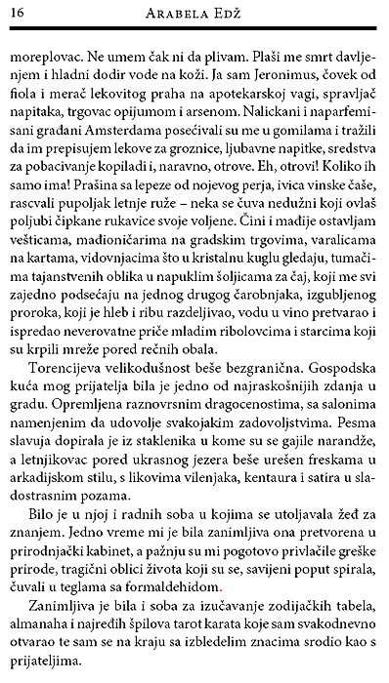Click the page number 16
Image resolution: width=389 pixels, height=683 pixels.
pos(19,13)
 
